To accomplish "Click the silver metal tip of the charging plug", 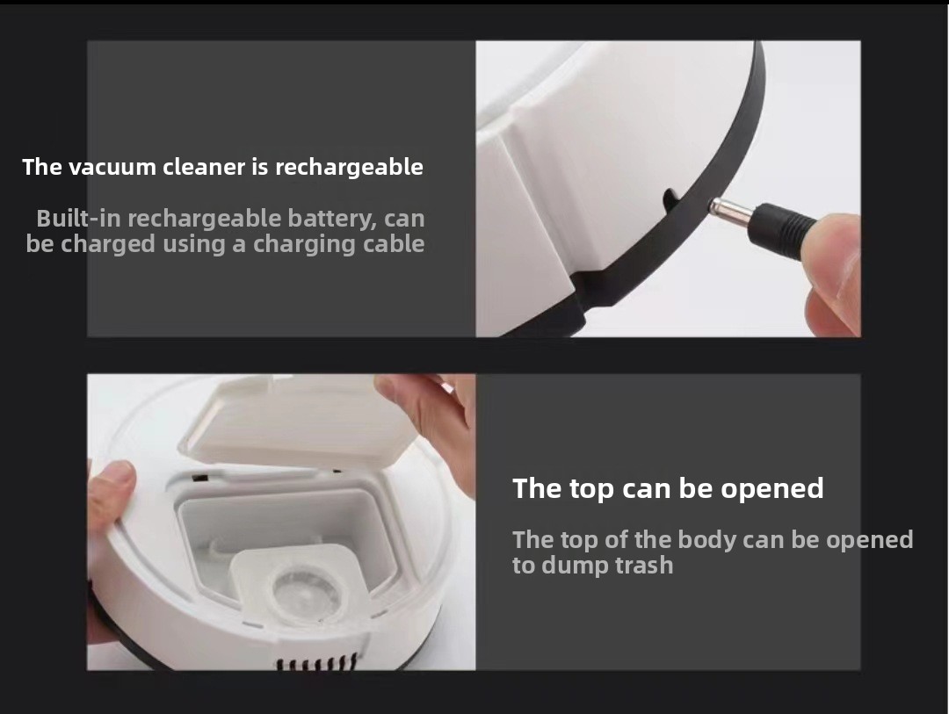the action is (730, 210).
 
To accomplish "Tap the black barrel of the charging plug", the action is (781, 231).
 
